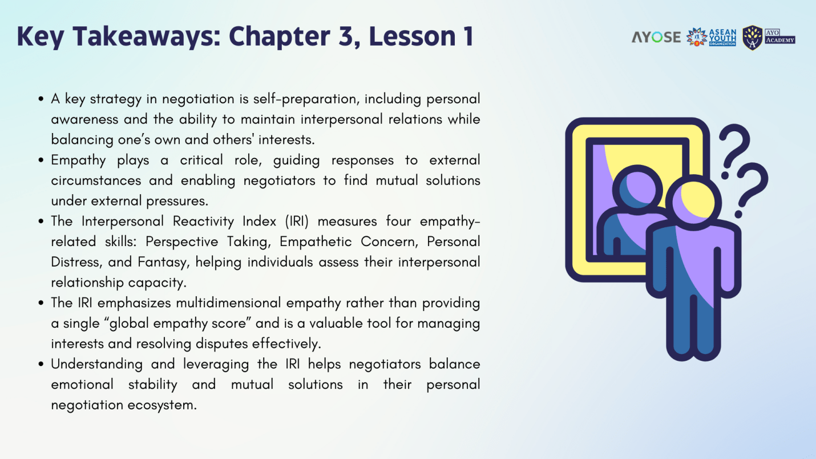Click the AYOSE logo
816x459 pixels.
656,37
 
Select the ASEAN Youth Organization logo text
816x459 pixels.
722,37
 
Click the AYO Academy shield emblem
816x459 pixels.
752,38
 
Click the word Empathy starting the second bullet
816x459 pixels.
78,160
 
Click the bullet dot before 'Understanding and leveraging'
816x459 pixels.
41,364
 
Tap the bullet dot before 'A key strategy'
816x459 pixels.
41,99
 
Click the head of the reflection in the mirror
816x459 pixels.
637,190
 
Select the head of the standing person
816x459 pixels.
694,202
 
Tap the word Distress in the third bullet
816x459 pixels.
75,263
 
